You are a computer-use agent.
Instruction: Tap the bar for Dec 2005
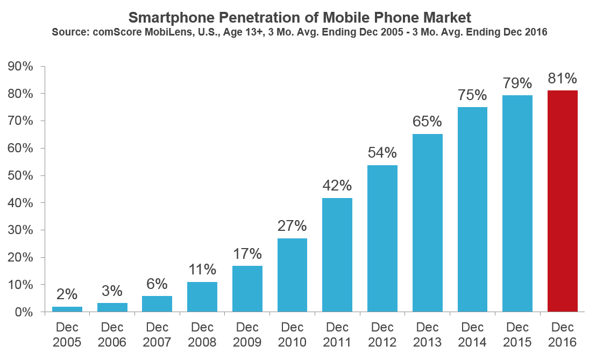tap(67, 309)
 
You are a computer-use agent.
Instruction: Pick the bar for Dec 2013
tap(427, 223)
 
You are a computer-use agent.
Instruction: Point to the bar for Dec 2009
tap(247, 288)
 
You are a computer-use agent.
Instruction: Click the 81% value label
tap(562, 79)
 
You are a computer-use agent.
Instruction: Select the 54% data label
tap(382, 153)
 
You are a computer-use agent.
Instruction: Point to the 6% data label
tap(157, 284)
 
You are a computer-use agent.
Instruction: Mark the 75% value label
tap(472, 95)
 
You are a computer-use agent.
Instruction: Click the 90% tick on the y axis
tap(21, 67)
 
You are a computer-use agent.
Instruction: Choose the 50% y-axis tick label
tap(21, 176)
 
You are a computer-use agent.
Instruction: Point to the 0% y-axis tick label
tap(25, 312)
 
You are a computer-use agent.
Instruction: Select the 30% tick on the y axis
tap(21, 230)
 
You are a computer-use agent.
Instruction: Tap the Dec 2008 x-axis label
tap(202, 334)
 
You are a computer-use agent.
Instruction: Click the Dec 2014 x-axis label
tap(472, 334)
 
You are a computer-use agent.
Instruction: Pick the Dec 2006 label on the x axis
tap(112, 334)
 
